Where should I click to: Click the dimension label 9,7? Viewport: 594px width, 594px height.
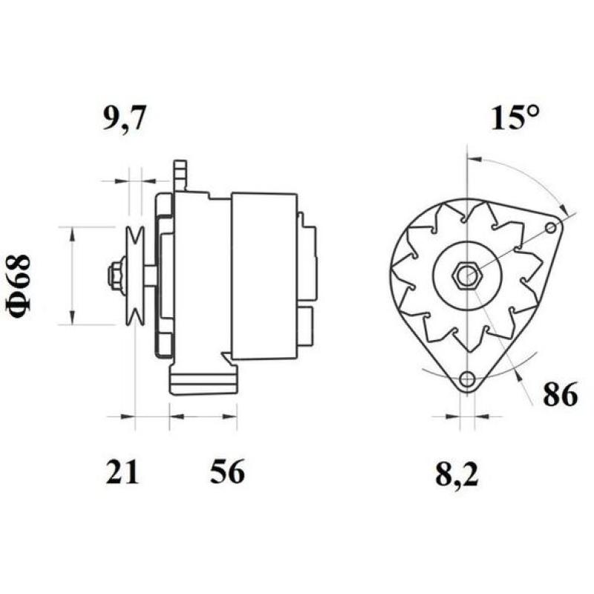tap(125, 119)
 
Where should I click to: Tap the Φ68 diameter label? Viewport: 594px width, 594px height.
tap(21, 287)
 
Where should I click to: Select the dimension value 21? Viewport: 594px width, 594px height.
tap(122, 472)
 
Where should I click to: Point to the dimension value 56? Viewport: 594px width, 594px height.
tap(227, 472)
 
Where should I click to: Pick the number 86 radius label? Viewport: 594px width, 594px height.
tap(560, 396)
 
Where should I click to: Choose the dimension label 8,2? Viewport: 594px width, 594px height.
tap(457, 474)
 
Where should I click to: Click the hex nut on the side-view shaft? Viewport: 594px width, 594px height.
tap(115, 275)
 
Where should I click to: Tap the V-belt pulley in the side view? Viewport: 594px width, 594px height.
tap(134, 275)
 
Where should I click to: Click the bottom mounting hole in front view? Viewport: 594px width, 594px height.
tap(466, 379)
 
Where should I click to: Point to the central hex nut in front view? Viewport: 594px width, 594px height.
tap(466, 276)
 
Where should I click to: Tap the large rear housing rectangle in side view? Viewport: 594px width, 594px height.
tap(264, 275)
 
